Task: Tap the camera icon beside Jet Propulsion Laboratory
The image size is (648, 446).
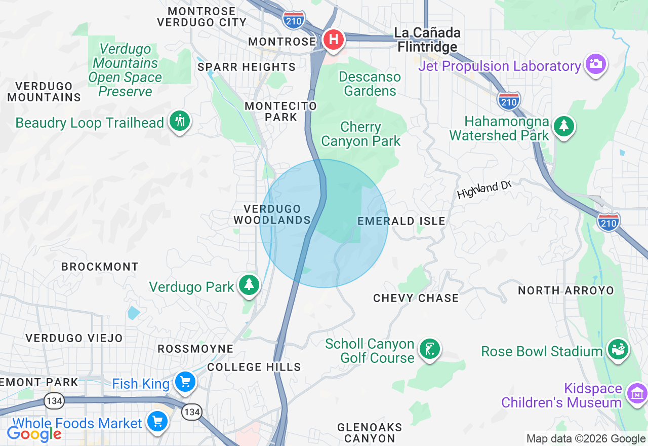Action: click(x=596, y=64)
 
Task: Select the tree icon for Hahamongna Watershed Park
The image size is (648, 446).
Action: click(x=563, y=125)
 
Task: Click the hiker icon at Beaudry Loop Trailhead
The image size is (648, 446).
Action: click(x=179, y=121)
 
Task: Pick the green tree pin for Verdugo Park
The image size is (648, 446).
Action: click(x=249, y=284)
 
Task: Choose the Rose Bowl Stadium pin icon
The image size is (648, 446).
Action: click(x=618, y=349)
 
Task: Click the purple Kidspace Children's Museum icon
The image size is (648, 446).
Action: click(x=636, y=393)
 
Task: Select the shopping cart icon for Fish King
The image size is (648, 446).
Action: click(x=185, y=382)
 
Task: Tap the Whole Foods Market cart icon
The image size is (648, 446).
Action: click(x=156, y=421)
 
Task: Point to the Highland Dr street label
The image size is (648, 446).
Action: click(x=483, y=190)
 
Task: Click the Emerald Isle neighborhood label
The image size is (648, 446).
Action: click(x=401, y=221)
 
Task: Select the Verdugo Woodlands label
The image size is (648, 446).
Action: click(x=272, y=214)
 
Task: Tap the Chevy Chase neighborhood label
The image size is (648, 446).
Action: click(x=416, y=298)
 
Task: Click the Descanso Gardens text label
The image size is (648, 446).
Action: click(x=370, y=84)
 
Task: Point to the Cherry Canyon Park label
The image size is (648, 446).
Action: click(x=360, y=134)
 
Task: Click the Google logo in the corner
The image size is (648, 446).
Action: click(x=34, y=433)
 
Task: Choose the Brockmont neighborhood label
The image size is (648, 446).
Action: click(x=100, y=267)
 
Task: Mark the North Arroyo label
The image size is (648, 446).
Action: click(x=566, y=290)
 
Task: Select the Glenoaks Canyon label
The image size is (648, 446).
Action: click(x=370, y=433)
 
